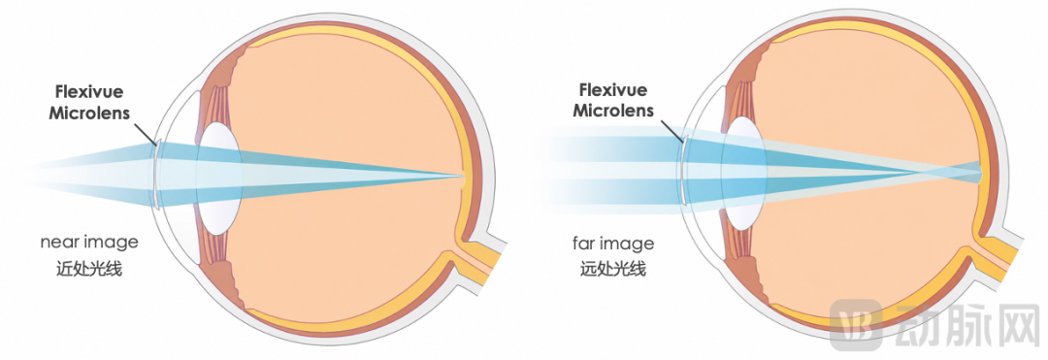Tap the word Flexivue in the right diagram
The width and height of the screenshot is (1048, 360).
coord(613,89)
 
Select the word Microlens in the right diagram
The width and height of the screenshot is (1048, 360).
coord(613,110)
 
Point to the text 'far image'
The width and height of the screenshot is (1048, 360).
coord(613,244)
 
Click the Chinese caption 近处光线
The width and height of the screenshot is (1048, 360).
coord(89,269)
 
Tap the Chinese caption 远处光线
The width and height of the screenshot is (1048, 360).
coord(613,269)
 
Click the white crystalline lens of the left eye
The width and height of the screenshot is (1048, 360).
coord(219,179)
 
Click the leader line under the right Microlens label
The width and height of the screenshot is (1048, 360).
coord(671,131)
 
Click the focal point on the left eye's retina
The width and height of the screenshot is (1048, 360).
coord(461,177)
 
